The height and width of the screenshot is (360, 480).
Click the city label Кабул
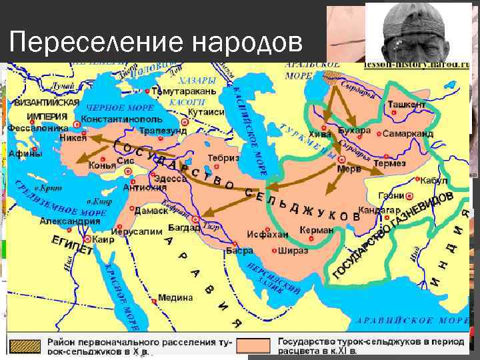[x=434, y=181]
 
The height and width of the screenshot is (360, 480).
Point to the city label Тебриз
[x=223, y=157]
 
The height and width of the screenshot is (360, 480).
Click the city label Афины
[x=25, y=153]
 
